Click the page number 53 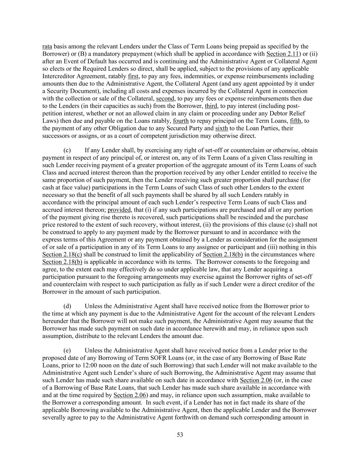(180, 435)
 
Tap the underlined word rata (47, 46)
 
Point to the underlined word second (165, 99)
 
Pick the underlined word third (211, 106)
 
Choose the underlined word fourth (181, 121)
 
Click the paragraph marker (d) (68, 306)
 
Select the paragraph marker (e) (68, 350)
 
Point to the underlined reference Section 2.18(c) (62, 255)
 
